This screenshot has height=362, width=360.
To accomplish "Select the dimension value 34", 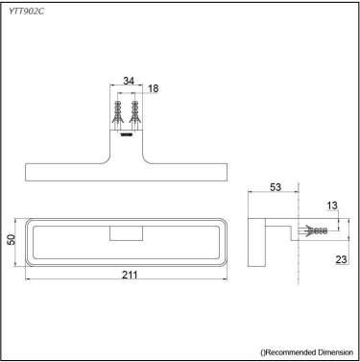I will pos(128,82).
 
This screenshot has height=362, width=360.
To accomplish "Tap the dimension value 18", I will pos(154,88).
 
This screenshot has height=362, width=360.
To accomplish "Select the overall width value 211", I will pos(130,275).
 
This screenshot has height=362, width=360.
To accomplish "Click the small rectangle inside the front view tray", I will pos(126,233).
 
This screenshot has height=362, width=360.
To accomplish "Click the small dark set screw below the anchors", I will pos(126,135).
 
